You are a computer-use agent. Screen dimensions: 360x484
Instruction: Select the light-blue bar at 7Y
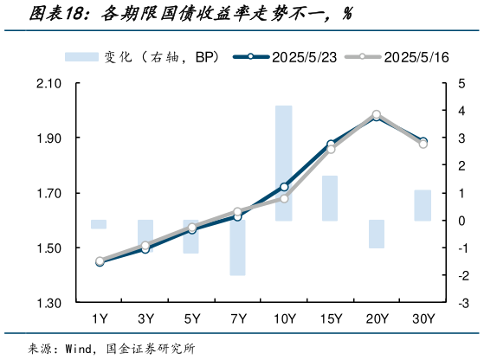click(237, 247)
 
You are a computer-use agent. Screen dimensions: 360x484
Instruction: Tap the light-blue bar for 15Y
click(330, 198)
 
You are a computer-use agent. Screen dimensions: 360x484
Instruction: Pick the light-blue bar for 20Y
click(377, 234)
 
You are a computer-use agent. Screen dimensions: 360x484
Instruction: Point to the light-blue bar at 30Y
click(423, 205)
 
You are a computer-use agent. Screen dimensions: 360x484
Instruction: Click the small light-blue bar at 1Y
click(99, 224)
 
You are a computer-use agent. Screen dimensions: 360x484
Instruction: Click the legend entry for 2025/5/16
click(398, 57)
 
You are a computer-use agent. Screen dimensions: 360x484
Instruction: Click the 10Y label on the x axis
click(284, 318)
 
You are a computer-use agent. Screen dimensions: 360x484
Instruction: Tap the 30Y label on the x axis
click(423, 318)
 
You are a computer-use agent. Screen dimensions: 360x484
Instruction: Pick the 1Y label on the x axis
click(99, 318)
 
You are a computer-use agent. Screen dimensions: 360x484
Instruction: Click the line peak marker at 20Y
click(377, 114)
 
